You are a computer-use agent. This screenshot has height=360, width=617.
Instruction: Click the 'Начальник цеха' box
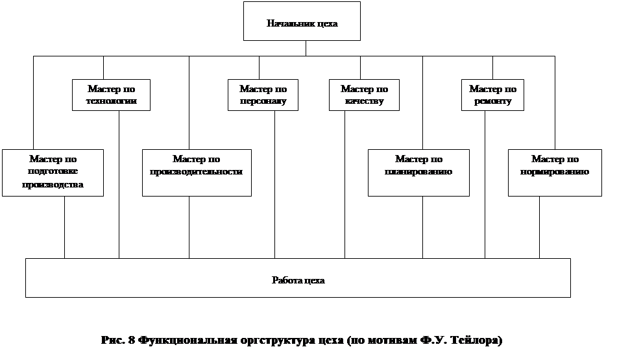(302, 21)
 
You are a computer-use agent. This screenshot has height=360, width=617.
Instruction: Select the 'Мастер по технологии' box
(111, 95)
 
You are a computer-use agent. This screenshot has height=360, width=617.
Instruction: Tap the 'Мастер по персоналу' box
(263, 95)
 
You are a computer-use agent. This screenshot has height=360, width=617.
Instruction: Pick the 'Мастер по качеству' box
(364, 95)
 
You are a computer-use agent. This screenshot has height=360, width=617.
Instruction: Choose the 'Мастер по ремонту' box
(492, 95)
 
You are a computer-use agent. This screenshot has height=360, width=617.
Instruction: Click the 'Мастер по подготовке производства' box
(53, 172)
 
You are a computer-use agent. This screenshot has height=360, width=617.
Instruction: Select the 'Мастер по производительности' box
(197, 172)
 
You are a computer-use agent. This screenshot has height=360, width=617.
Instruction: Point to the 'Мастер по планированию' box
(418, 172)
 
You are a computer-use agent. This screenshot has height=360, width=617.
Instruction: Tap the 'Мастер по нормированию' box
(555, 172)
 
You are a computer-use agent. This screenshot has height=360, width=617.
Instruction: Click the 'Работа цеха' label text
(298, 281)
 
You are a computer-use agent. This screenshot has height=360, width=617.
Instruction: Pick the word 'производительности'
(197, 172)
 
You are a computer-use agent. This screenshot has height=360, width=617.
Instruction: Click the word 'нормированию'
(555, 172)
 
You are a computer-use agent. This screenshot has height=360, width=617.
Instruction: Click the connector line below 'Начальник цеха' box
(306, 49)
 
